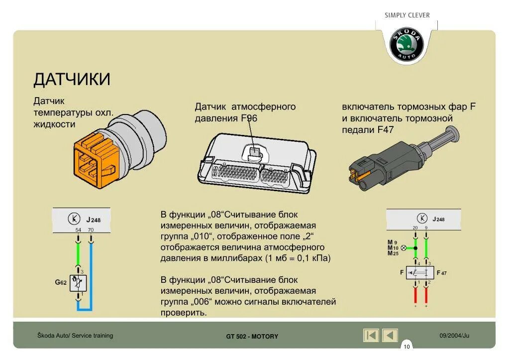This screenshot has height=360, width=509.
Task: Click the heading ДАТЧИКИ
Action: (72, 80)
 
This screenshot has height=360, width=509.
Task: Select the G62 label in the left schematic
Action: (61, 282)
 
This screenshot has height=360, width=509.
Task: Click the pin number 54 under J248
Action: (78, 230)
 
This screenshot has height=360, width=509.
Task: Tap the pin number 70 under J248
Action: (91, 230)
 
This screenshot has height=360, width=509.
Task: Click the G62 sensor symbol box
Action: (78, 283)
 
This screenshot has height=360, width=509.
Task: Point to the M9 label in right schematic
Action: (392, 242)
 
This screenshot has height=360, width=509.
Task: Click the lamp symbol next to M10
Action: (404, 247)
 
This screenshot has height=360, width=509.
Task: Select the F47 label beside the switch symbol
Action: (442, 273)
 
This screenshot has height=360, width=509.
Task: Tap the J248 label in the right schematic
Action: (439, 219)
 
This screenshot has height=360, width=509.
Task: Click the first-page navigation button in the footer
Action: (371, 336)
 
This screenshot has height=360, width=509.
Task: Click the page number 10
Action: (407, 347)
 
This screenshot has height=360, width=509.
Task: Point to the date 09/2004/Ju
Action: (454, 336)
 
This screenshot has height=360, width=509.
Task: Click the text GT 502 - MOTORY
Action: (252, 337)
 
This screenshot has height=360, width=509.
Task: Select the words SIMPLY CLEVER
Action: (407, 15)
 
